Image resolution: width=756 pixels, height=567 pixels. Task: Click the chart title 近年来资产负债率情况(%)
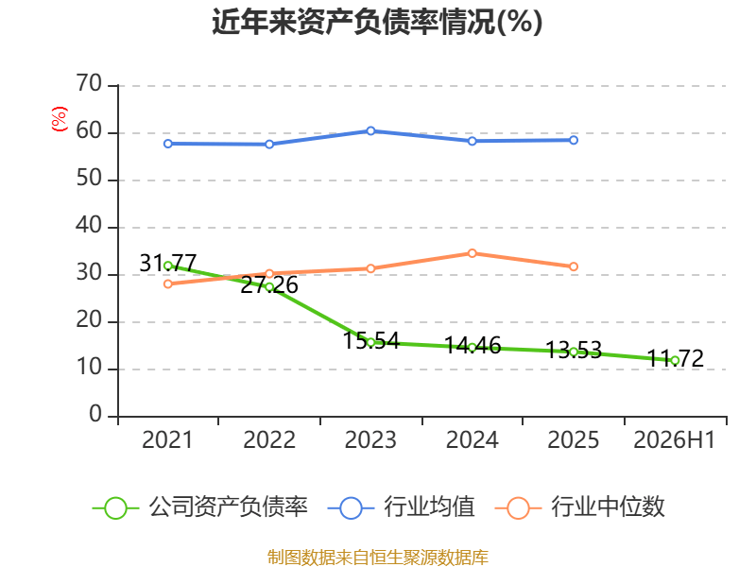(377, 22)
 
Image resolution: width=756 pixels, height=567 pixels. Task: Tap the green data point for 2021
(168, 266)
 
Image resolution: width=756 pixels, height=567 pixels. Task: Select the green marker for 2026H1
(675, 361)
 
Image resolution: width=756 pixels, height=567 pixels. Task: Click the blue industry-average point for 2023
(370, 130)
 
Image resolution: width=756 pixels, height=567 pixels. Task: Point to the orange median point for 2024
(472, 253)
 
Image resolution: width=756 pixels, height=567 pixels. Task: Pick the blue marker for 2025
(574, 140)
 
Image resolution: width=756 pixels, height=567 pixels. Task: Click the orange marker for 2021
(168, 284)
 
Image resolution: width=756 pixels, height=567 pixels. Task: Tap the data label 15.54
(371, 341)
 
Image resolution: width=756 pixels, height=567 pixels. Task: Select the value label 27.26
(269, 285)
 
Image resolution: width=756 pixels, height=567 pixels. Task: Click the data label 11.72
(675, 358)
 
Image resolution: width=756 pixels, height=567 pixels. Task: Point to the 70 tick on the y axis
(89, 83)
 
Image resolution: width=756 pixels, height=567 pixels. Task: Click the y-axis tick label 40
(89, 225)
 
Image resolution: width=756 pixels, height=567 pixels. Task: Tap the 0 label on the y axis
(95, 414)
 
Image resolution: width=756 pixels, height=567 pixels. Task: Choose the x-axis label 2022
(269, 439)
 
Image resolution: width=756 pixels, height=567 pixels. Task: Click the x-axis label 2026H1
(674, 439)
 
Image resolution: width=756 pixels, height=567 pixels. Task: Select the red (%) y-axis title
(60, 119)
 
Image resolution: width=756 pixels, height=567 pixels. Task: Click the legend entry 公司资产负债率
(200, 507)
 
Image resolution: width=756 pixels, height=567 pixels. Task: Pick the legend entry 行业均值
(401, 507)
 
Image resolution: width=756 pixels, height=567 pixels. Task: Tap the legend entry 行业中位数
(580, 507)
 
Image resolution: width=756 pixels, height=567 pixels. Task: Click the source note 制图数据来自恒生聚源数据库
(377, 558)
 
